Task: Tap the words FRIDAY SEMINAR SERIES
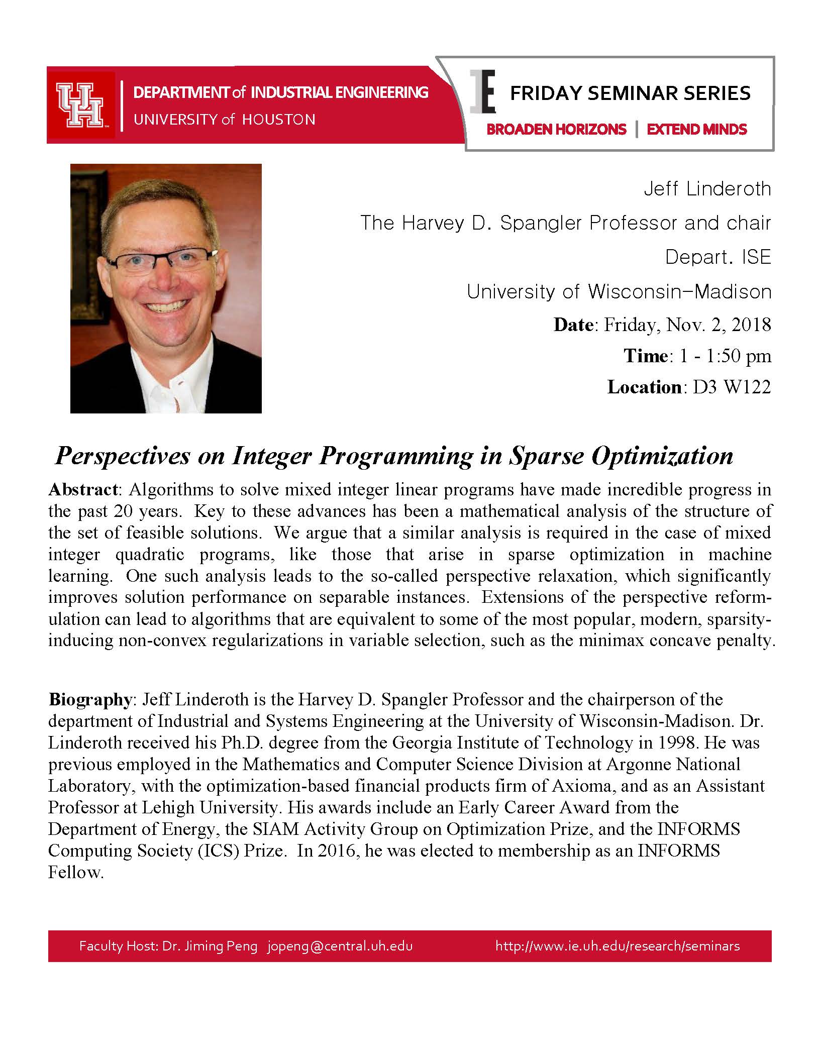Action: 630,93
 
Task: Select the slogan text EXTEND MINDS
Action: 696,130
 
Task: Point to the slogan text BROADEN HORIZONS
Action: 556,130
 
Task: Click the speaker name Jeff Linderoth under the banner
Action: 707,189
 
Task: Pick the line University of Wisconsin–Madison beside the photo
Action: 619,291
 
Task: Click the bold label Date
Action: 573,325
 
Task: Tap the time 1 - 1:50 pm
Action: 725,356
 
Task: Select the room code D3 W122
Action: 732,387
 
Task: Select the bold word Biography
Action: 89,699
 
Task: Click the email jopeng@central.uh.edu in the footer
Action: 340,946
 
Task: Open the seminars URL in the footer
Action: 618,946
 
